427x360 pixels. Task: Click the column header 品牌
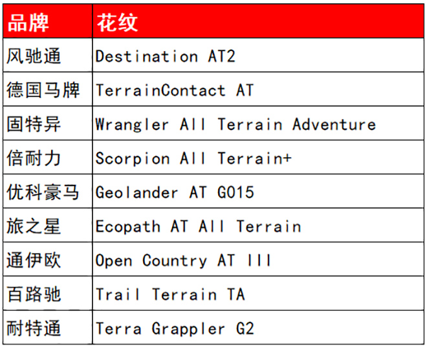[28, 23]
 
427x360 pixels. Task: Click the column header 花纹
[117, 23]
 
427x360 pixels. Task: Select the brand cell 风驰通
[34, 56]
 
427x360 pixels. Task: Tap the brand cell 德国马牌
[43, 90]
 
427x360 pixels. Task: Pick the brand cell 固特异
[34, 124]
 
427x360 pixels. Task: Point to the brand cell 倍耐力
[34, 158]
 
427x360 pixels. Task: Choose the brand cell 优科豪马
[43, 192]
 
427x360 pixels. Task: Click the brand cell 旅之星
[34, 226]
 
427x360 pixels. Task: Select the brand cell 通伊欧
[34, 260]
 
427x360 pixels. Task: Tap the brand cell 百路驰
[34, 294]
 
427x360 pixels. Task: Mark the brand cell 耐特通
[34, 328]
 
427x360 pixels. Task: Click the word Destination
[146, 56]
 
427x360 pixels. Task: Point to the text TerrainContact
[160, 90]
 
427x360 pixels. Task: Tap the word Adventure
[334, 124]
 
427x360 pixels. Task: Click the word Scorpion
[133, 159]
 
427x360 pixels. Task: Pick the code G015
[236, 193]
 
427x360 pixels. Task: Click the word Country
[175, 261]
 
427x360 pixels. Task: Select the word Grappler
[188, 329]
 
